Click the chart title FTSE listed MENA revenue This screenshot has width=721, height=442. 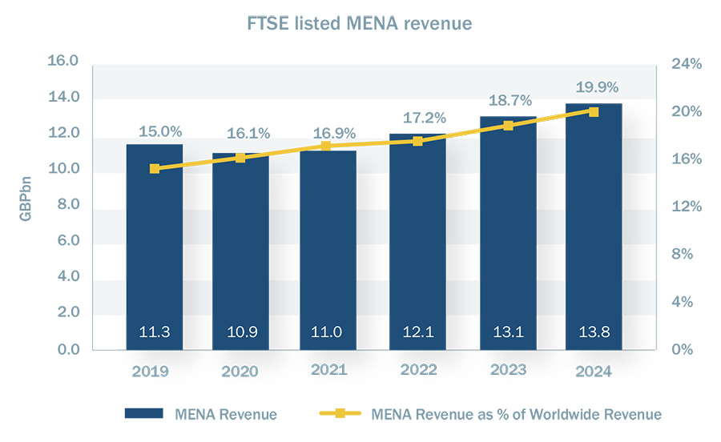(359, 24)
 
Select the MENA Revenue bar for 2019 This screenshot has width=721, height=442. (155, 248)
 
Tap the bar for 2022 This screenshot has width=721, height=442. (417, 240)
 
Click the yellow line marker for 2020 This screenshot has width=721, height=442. (241, 158)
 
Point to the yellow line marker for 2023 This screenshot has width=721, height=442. (508, 126)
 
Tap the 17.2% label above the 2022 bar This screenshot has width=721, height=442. (417, 118)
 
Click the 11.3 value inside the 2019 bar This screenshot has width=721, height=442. (155, 332)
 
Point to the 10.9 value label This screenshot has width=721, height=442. (241, 332)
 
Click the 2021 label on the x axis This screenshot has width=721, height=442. (328, 371)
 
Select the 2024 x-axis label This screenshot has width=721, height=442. (593, 372)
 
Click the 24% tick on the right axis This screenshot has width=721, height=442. (687, 64)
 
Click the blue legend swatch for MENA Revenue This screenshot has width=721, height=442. (144, 414)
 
